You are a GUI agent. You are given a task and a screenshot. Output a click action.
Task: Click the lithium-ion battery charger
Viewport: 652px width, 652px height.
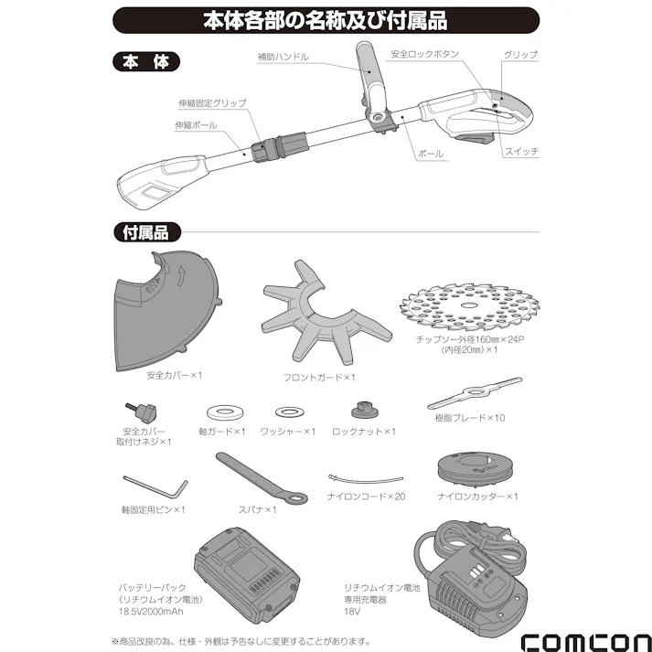coord(471,574)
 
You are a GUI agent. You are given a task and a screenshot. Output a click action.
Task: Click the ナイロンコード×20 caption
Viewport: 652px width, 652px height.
coord(366,496)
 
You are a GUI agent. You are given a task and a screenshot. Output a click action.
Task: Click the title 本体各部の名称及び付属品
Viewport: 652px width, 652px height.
coord(325,19)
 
